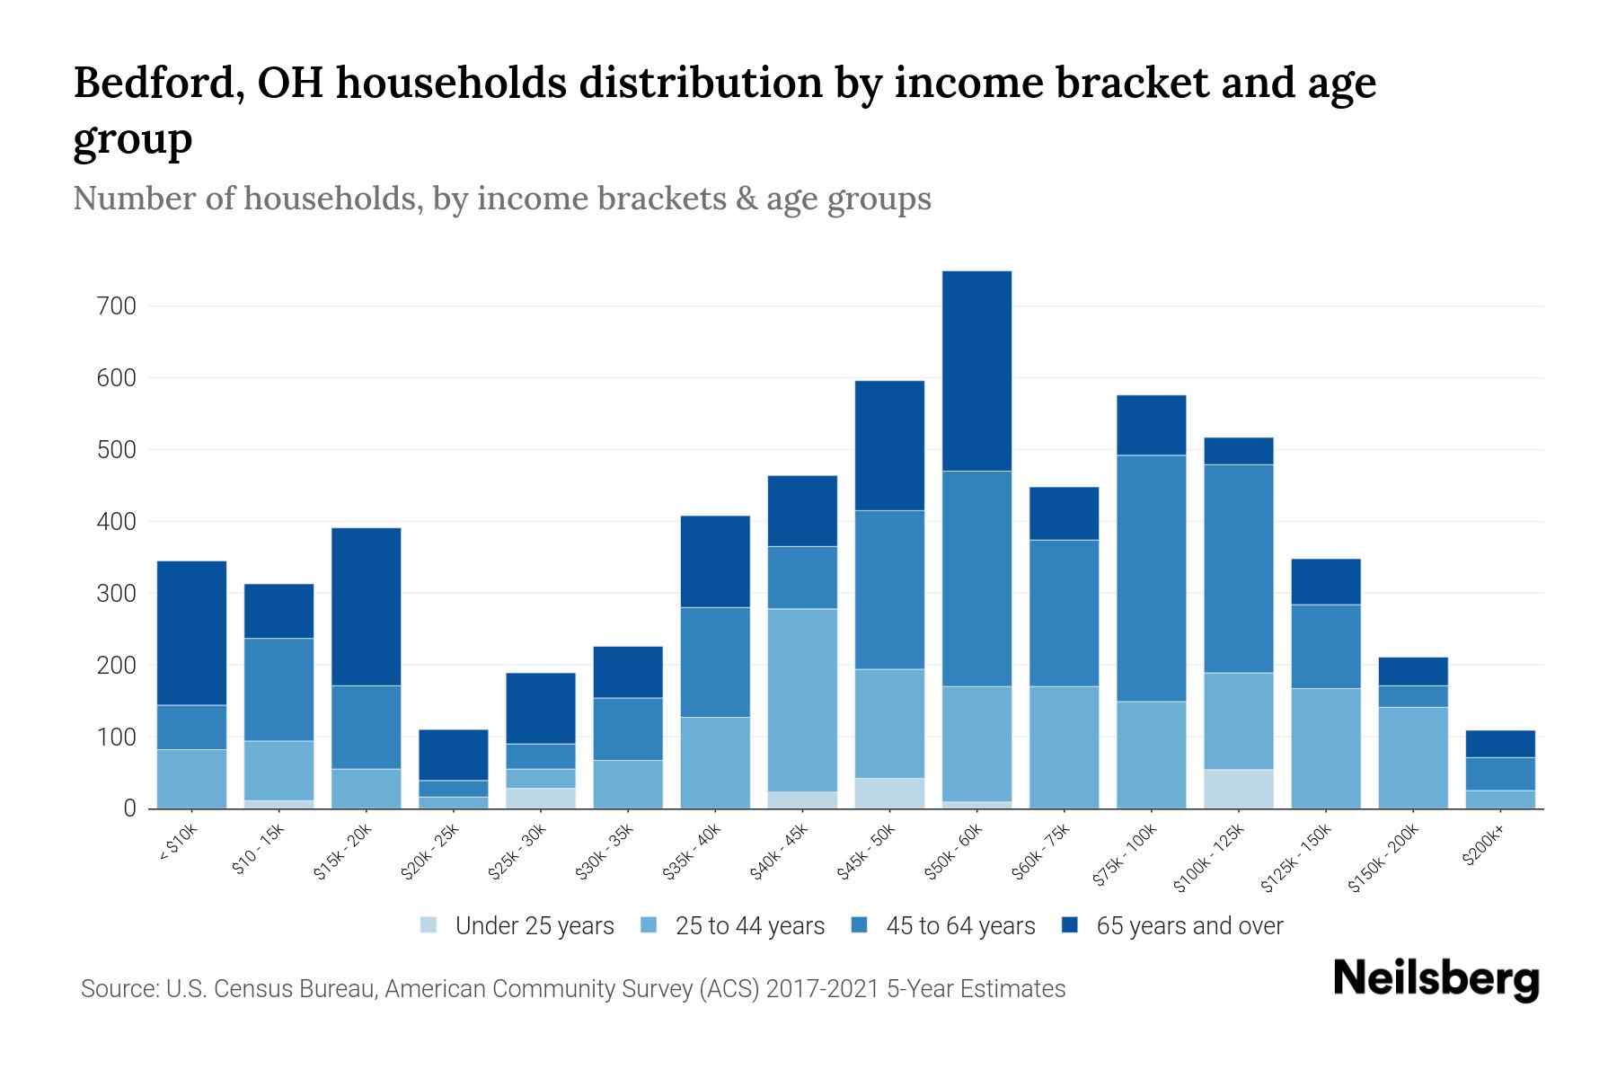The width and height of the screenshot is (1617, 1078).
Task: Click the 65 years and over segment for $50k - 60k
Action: [x=976, y=370]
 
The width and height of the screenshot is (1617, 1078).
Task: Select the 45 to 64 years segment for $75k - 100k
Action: [x=1151, y=578]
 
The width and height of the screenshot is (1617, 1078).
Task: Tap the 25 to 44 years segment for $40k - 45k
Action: [x=802, y=700]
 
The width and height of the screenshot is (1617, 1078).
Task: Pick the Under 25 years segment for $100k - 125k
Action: [x=1238, y=789]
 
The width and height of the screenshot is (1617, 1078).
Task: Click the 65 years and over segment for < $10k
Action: [x=191, y=632]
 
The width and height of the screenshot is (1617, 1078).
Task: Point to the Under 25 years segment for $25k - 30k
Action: [x=541, y=798]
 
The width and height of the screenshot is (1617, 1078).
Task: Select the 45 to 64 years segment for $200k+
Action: [x=1499, y=773]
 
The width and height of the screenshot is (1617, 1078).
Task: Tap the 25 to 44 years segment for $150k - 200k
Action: [x=1412, y=757]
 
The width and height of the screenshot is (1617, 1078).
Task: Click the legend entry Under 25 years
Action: [x=534, y=925]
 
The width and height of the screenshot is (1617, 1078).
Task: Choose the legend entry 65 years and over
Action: [x=1188, y=925]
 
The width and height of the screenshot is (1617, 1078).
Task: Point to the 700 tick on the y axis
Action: [x=116, y=306]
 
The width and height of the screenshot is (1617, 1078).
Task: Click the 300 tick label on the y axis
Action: [x=116, y=594]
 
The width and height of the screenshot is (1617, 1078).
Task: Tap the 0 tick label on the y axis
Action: [x=129, y=808]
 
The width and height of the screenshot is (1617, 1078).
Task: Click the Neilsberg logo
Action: [x=1436, y=979]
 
